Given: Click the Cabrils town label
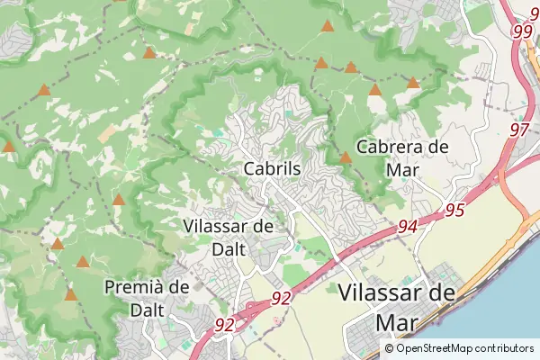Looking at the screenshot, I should point(272,168).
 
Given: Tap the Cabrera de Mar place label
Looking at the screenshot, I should point(401,157).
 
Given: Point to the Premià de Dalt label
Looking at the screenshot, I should point(147,297).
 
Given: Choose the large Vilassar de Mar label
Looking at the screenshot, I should point(397,306).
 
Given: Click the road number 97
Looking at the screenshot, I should point(519,130).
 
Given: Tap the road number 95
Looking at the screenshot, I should point(454,211).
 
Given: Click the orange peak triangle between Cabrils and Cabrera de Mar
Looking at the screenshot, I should point(346,158).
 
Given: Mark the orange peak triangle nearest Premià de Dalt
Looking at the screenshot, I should point(71,294).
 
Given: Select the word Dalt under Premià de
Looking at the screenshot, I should point(147,309).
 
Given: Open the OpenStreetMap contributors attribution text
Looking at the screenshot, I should point(458,348).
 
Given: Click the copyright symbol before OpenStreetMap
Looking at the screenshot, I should point(389,348).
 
